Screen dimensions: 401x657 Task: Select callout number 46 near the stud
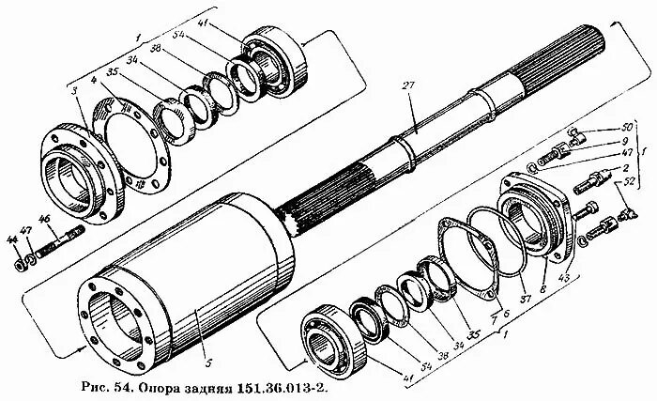(43, 221)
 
